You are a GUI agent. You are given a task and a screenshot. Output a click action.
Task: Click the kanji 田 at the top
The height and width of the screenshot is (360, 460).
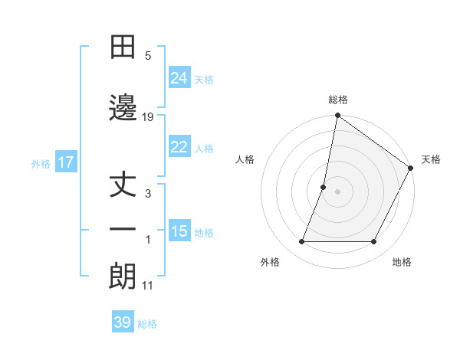pyautogui.click(x=123, y=47)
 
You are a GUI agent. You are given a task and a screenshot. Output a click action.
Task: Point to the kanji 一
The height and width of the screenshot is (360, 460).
pyautogui.click(x=123, y=230)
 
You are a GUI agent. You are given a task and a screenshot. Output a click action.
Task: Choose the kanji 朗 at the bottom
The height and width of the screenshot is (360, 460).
pyautogui.click(x=123, y=277)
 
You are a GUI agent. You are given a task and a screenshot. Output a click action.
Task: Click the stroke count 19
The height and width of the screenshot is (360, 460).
pyautogui.click(x=148, y=116)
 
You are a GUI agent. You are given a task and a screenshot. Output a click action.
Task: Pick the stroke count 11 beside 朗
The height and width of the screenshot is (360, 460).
pyautogui.click(x=148, y=286)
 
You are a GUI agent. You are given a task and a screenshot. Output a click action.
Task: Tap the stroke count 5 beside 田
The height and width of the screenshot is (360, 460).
pyautogui.click(x=148, y=56)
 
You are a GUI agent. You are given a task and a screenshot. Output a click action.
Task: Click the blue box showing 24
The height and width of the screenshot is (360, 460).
pyautogui.click(x=179, y=78)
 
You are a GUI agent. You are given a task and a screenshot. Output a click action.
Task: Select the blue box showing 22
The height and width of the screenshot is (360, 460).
pyautogui.click(x=179, y=147)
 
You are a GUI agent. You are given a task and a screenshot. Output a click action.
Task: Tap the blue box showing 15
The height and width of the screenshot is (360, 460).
pyautogui.click(x=179, y=231)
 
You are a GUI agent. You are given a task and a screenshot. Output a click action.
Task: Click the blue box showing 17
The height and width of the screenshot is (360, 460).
pyautogui.click(x=66, y=162)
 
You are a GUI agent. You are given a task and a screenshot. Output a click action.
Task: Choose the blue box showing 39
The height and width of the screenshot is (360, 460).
pyautogui.click(x=123, y=322)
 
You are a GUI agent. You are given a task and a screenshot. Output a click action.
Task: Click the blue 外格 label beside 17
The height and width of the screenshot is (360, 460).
pyautogui.click(x=41, y=163)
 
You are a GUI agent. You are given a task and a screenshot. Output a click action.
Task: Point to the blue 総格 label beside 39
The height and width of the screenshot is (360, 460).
pyautogui.click(x=147, y=323)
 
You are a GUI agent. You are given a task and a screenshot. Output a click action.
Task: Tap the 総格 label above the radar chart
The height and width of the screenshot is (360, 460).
pyautogui.click(x=337, y=100)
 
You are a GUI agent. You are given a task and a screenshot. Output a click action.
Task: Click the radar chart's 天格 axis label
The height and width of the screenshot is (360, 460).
pyautogui.click(x=431, y=159)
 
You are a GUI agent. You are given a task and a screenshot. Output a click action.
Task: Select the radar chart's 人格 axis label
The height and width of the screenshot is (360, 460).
pyautogui.click(x=245, y=159)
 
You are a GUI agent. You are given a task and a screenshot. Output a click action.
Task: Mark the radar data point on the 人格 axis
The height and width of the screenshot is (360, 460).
pyautogui.click(x=324, y=187)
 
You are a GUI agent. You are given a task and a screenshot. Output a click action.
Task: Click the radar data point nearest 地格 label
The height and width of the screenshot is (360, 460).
pyautogui.click(x=374, y=242)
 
